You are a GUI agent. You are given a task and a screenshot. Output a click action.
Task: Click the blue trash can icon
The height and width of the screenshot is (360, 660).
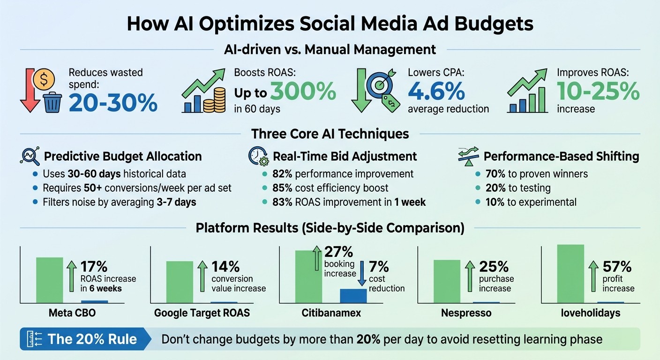52,102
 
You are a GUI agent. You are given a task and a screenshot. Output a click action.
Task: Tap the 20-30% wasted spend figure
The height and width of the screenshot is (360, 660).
113,103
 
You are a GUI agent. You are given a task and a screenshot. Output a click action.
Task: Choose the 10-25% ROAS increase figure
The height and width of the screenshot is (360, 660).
598,91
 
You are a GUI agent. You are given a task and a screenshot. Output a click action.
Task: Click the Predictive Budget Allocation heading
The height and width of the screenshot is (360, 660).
123,156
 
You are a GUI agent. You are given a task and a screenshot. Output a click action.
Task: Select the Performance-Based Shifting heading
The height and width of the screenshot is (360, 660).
561,156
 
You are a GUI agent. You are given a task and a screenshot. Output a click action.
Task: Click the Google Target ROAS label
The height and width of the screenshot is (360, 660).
202,313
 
